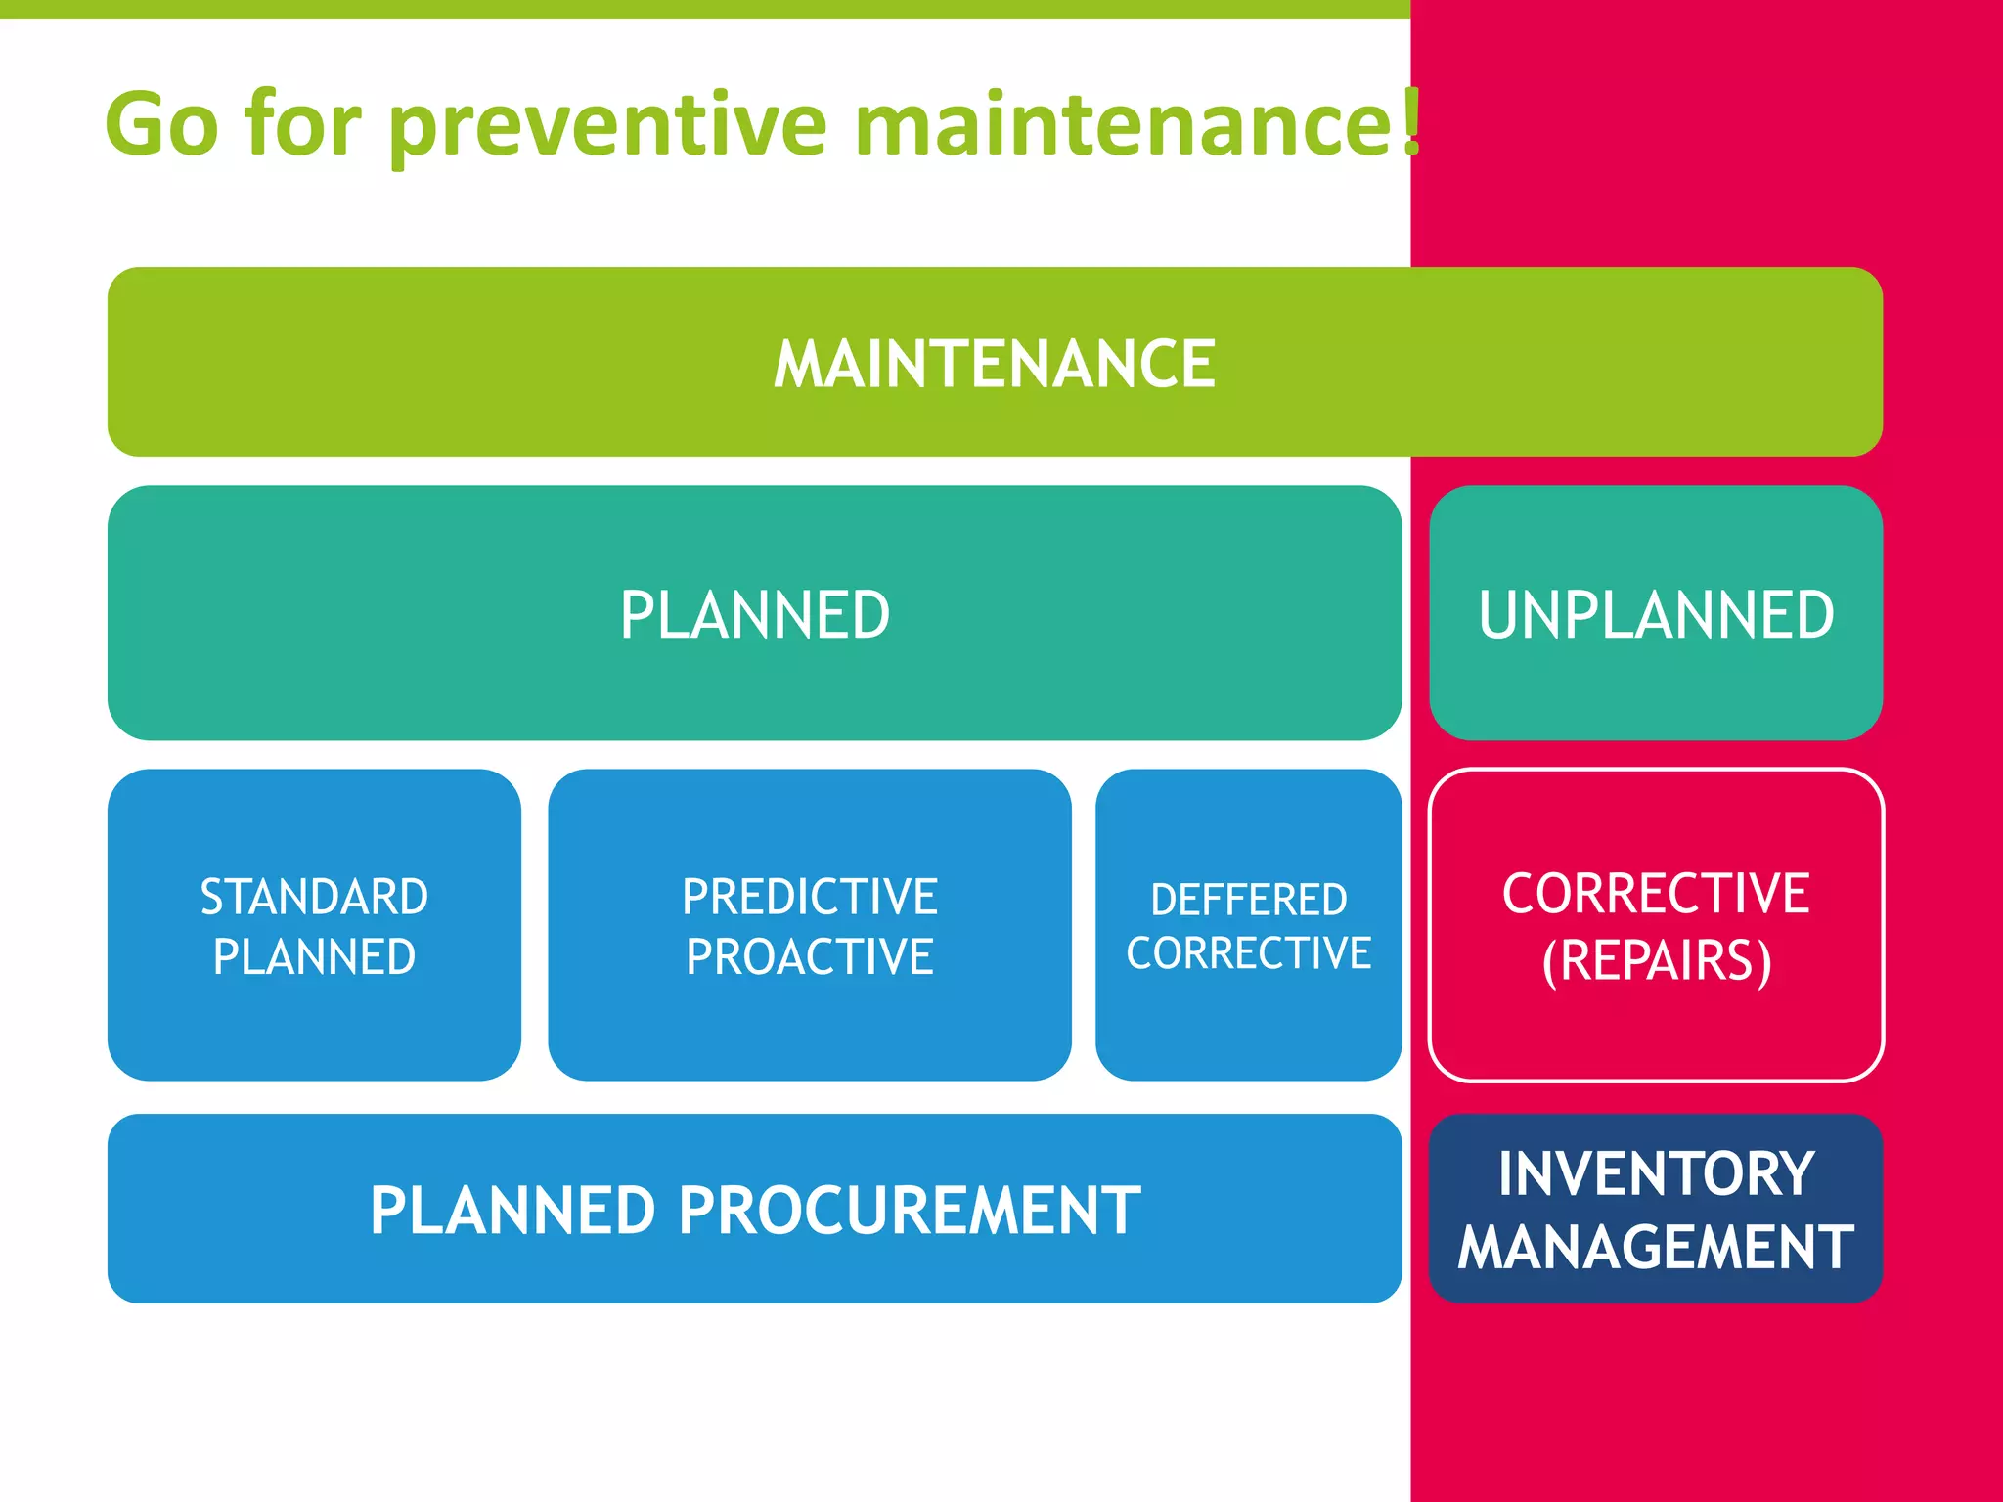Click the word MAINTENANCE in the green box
(x=995, y=364)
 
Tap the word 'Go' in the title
(x=161, y=125)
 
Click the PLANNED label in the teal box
(x=755, y=615)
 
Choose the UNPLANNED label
(x=1656, y=615)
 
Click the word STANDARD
(x=314, y=897)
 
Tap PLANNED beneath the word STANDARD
(x=314, y=956)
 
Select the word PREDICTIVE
(x=810, y=897)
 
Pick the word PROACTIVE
(x=810, y=956)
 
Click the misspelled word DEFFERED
(x=1249, y=900)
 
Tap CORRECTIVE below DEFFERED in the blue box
(x=1249, y=953)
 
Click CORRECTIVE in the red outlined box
(x=1656, y=893)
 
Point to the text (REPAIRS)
(x=1656, y=960)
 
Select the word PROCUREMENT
(x=910, y=1211)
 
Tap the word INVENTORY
(x=1656, y=1173)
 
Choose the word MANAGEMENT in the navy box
(x=1656, y=1247)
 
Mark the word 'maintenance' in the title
(x=1125, y=125)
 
